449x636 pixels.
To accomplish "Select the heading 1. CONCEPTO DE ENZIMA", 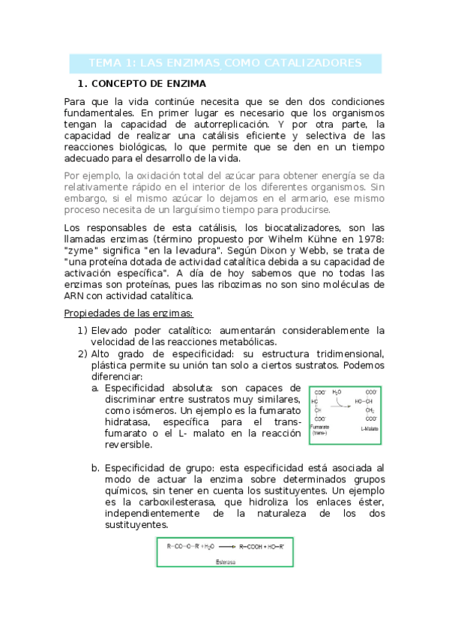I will point(142,83).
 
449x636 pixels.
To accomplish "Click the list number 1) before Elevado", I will point(82,330).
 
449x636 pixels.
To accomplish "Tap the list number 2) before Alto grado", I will point(82,353).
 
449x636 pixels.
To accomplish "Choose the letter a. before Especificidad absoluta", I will point(95,388).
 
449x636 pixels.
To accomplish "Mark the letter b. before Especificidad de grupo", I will point(95,467).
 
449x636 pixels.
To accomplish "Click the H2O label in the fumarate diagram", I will point(337,392).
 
